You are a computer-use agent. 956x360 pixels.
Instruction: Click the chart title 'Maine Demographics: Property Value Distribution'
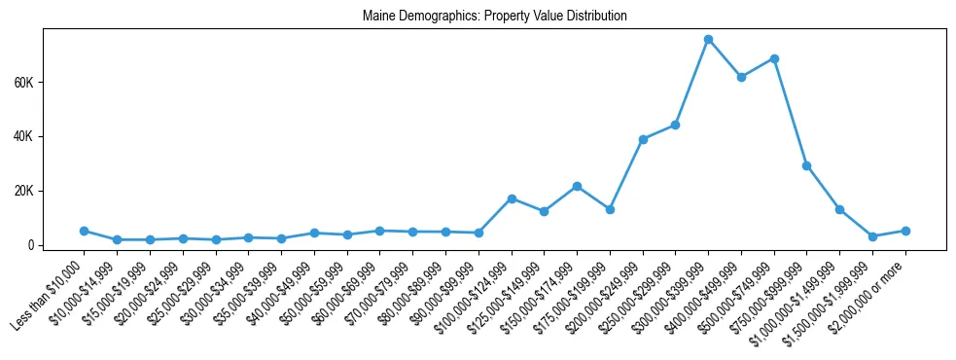coord(494,16)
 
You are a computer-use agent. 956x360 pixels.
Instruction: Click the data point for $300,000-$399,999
coord(708,39)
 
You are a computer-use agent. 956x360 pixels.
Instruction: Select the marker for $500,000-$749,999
coord(774,58)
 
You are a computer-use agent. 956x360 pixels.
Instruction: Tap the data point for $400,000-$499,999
coord(741,77)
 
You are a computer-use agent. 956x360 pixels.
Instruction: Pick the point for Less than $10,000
coord(84,231)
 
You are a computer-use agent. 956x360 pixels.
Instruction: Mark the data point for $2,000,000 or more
coord(905,231)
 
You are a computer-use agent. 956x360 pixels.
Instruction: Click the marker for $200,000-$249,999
coord(643,139)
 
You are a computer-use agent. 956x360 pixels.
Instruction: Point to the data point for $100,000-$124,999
coord(512,198)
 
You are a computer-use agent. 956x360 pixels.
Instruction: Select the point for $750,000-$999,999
coord(806,165)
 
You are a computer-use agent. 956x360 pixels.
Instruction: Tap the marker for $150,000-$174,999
coord(577,186)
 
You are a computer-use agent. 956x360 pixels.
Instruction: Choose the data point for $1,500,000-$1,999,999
coord(872,236)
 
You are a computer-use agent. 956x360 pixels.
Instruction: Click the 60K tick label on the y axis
coord(23,83)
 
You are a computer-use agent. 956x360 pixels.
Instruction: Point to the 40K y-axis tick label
coord(23,136)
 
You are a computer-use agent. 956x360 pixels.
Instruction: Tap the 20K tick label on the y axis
coord(23,191)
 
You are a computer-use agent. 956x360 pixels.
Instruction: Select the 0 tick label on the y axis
coord(32,245)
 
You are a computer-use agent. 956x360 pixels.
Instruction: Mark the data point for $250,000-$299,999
coord(675,125)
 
